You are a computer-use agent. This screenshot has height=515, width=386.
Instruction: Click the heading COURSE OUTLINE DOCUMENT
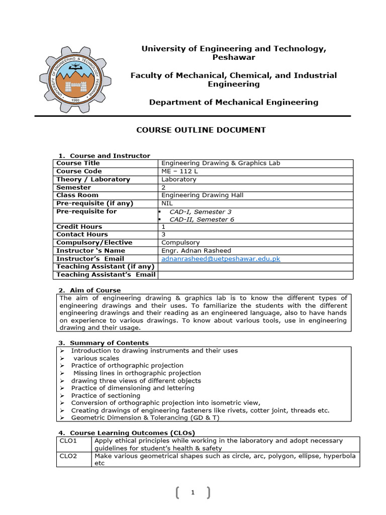[201, 130]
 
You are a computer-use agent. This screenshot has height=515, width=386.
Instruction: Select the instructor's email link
[221, 259]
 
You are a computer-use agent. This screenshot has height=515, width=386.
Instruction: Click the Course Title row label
[78, 163]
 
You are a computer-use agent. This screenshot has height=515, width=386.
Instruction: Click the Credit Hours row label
[79, 227]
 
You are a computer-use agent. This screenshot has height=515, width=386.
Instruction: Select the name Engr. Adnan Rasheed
[193, 250]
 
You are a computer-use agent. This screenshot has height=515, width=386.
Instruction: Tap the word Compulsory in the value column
[180, 242]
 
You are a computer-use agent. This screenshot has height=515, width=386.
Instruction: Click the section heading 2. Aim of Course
[90, 290]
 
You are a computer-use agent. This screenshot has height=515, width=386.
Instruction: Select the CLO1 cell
[67, 441]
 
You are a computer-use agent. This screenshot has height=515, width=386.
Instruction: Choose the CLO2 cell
[67, 456]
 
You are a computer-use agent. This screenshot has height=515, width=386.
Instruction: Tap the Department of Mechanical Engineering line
[234, 102]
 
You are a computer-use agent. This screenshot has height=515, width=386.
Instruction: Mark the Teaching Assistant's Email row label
[105, 275]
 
